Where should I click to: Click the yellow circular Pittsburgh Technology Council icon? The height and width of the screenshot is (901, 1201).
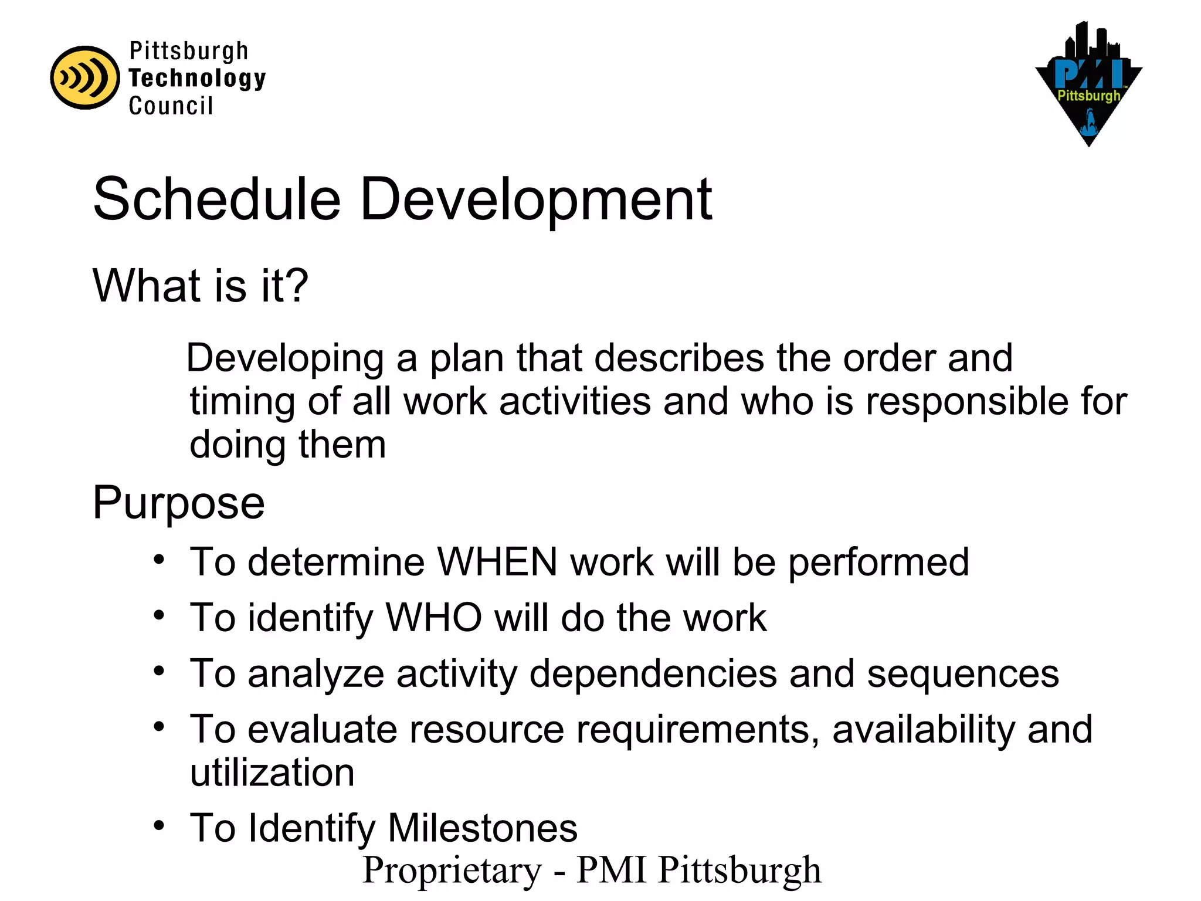85,77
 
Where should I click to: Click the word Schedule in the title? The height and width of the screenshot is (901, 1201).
216,199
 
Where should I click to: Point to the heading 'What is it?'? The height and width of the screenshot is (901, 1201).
200,286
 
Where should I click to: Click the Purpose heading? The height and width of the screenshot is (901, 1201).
179,503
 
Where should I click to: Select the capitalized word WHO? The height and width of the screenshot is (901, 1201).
433,618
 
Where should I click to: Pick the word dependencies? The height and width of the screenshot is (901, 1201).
653,673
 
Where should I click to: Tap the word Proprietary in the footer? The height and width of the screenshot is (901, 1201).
452,869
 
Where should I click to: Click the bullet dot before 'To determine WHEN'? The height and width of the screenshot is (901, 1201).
159,559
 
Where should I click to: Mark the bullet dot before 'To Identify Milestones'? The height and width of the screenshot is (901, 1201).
159,825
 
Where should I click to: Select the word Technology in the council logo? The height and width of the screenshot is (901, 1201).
197,79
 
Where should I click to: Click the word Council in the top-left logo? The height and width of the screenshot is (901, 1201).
171,106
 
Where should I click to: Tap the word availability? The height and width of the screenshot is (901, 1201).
923,729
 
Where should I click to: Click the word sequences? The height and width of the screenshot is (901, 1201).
963,673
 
